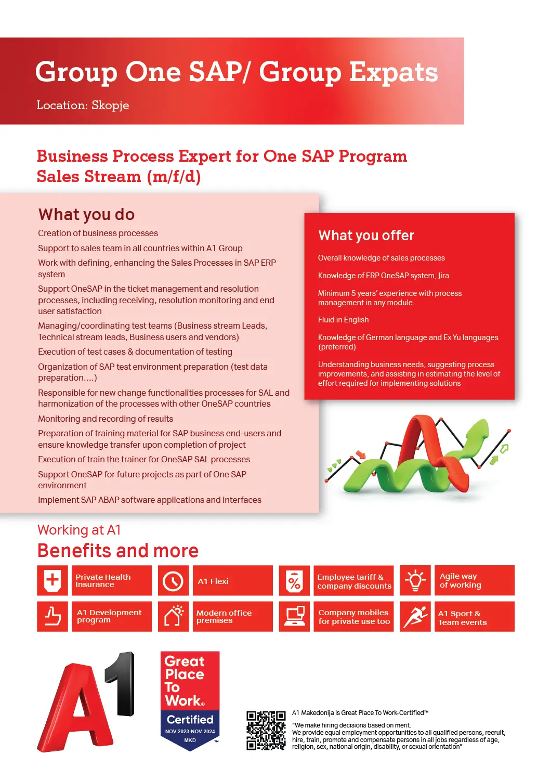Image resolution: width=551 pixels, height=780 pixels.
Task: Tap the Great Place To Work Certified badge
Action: pos(190,700)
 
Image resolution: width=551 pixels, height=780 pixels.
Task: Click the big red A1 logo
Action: pos(86,701)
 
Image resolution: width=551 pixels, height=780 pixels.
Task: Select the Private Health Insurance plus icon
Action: pos(52,580)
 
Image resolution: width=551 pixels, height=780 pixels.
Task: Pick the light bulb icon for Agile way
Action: pos(415,580)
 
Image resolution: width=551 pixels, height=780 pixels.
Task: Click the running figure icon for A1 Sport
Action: pos(415,616)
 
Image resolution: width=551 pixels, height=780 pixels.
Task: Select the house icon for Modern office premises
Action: pos(173,616)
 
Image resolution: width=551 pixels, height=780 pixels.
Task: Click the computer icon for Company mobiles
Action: pos(294,616)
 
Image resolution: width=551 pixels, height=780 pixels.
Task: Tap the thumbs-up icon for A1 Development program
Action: pos(52,616)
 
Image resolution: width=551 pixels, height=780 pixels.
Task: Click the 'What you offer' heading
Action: pos(366,236)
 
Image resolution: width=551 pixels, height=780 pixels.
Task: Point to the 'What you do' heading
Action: pos(86,214)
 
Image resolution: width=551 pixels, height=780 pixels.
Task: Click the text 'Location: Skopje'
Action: pos(83,105)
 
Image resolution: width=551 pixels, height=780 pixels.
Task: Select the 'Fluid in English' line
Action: pos(343,320)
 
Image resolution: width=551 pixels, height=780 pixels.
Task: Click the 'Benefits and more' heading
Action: pos(117,551)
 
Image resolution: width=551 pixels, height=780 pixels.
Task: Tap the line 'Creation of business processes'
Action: pos(98,233)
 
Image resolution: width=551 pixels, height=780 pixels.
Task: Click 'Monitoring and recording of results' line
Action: pos(106,419)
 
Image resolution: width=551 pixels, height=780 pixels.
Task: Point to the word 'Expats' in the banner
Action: pos(393,73)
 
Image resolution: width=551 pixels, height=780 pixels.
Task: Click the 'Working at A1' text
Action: pos(79,530)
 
